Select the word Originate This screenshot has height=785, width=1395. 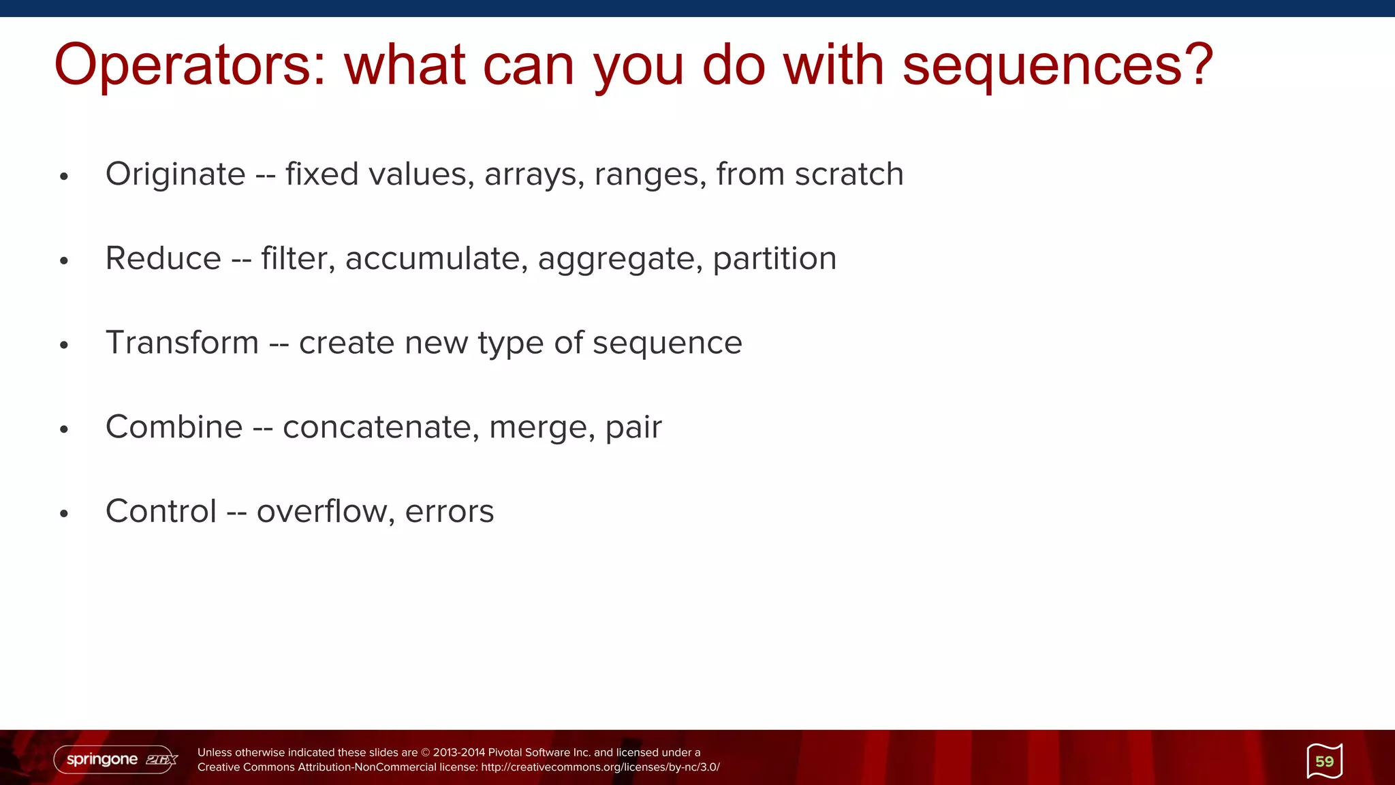pos(175,174)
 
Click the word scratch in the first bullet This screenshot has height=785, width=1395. pos(849,174)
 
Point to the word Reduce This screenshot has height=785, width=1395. pos(163,259)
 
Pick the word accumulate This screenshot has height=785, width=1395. pos(436,259)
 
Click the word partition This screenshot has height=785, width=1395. pos(774,259)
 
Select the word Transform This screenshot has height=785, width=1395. pos(182,343)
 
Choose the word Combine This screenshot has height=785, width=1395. pos(174,427)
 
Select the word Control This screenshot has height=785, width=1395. pos(161,511)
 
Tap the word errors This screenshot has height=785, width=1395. pos(450,512)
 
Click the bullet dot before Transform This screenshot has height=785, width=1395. pos(64,345)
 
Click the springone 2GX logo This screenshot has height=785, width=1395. pos(116,759)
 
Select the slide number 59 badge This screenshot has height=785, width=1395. pos(1324,761)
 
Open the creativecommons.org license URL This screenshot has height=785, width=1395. pos(599,767)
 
